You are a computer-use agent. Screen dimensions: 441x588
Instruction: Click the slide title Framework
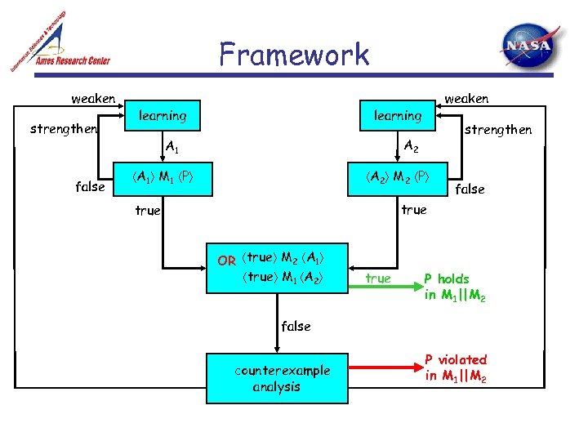tap(294, 55)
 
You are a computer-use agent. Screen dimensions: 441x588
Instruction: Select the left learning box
tap(163, 116)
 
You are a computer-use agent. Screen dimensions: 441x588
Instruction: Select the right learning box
tap(398, 116)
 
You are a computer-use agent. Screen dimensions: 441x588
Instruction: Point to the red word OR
tap(226, 261)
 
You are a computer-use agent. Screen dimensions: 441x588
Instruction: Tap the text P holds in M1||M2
tap(455, 287)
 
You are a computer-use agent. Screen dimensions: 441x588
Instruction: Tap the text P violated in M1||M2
tap(455, 367)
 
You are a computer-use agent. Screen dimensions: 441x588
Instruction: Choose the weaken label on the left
tap(93, 99)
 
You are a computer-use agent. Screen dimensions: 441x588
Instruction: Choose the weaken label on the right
tap(466, 99)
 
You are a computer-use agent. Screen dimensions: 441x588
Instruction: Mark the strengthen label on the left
tap(63, 128)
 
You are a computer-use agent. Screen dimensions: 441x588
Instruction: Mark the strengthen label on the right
tap(497, 130)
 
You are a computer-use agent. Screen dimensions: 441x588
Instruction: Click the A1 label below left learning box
tap(172, 147)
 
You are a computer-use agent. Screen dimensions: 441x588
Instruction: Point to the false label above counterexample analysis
tap(296, 326)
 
